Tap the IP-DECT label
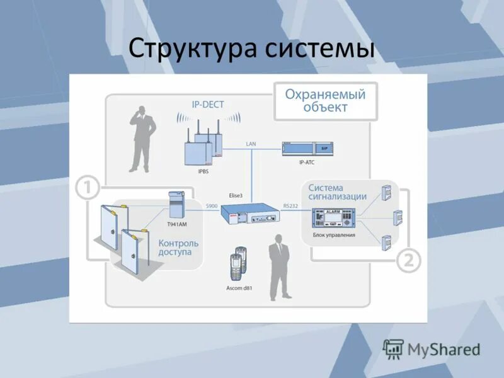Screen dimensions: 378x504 pos(208,104)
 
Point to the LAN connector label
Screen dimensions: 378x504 pos(251,144)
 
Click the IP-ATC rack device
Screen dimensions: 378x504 pos(307,148)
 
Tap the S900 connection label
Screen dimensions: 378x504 pos(212,206)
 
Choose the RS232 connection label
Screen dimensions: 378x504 pos(290,206)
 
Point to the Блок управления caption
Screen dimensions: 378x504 pos(334,235)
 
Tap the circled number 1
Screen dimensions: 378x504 pos(88,187)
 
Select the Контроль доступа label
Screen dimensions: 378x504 pos(178,248)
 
